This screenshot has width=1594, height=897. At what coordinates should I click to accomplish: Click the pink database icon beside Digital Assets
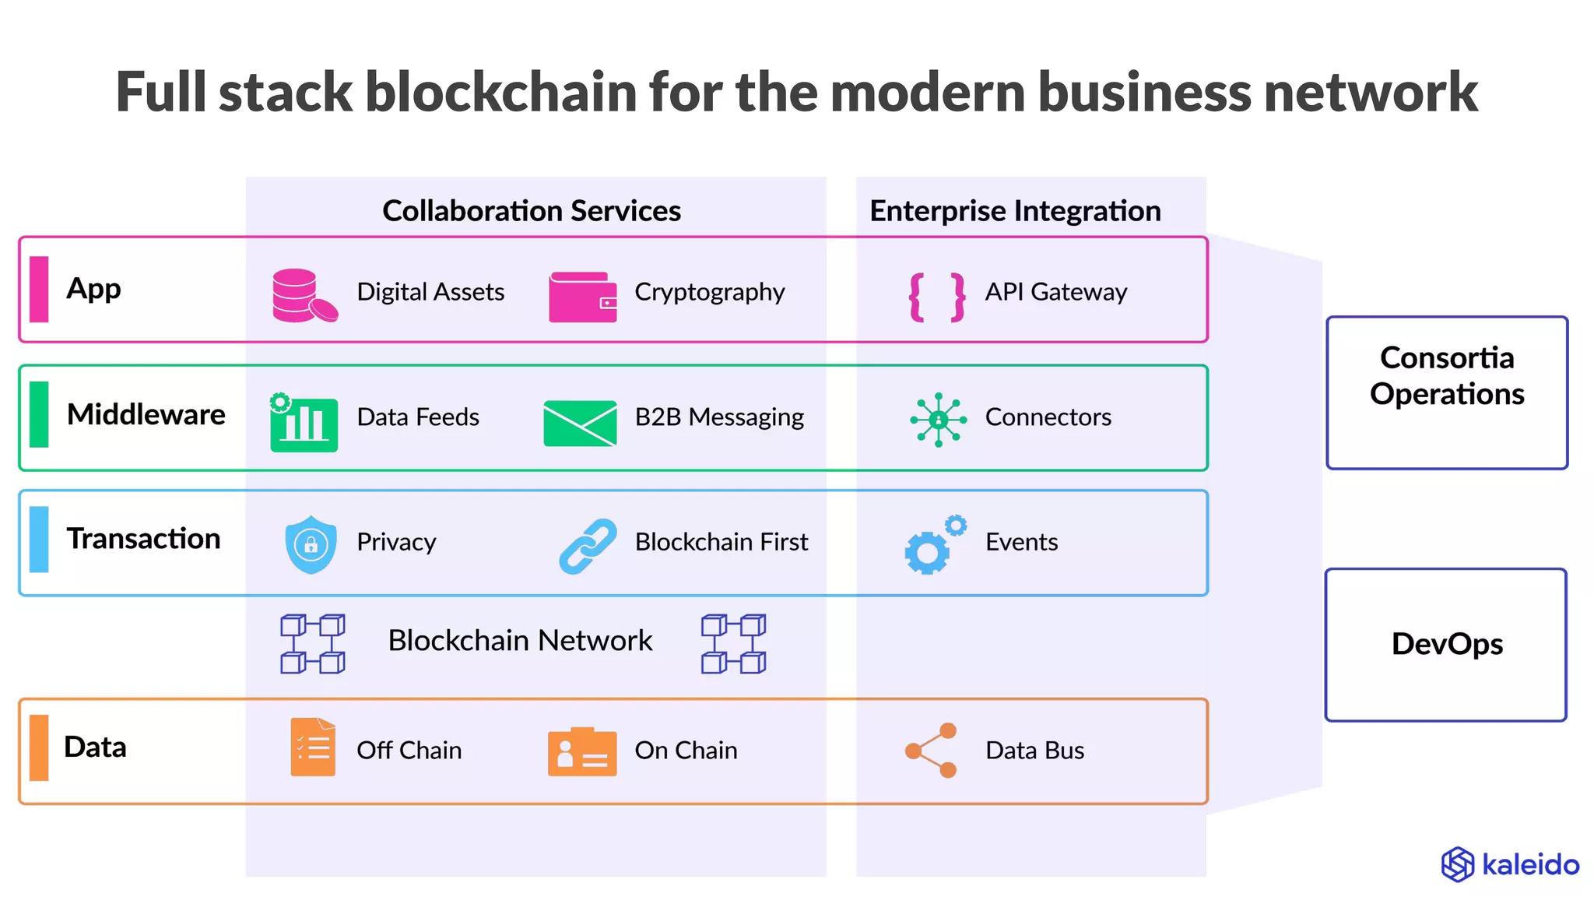304,295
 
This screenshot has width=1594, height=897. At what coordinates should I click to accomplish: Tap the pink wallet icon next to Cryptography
582,297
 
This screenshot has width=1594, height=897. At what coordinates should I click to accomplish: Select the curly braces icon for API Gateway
937,297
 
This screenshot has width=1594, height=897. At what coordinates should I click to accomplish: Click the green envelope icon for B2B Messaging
580,423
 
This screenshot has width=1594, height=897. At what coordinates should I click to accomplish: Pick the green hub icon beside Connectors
939,420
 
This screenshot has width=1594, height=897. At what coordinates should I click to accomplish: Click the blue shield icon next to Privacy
311,544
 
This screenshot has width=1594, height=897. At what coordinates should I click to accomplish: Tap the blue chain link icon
588,547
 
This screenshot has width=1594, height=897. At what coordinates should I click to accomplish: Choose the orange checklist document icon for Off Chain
313,747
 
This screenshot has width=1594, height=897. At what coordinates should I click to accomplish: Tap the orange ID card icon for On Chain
582,752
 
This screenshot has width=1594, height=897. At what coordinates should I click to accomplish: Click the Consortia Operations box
1447,392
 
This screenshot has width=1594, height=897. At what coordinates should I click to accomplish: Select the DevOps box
1446,645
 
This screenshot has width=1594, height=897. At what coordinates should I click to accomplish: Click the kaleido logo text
1530,865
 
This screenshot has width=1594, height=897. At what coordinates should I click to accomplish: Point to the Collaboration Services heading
532,211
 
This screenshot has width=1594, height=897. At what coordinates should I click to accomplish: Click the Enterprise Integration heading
1015,211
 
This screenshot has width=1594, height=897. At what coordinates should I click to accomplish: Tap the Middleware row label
146,414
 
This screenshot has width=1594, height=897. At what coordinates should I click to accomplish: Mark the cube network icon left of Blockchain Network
313,644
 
